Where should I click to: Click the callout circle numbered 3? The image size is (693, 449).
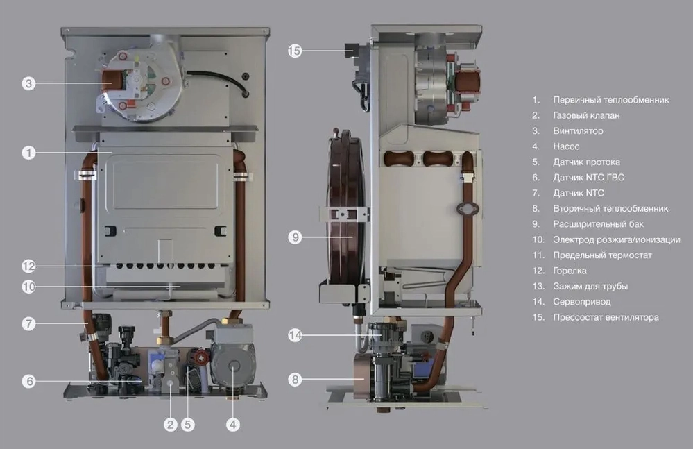[28, 83]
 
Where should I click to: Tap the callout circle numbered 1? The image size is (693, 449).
[28, 153]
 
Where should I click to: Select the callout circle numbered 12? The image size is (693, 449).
[28, 266]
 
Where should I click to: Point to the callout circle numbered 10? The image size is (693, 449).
[28, 287]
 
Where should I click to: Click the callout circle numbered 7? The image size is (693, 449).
[28, 323]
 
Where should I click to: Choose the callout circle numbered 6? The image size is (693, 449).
[28, 381]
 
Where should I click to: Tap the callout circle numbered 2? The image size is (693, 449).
[170, 425]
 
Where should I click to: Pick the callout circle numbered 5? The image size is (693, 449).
[188, 425]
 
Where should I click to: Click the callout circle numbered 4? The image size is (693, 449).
[233, 425]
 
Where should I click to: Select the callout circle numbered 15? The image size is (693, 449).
[295, 51]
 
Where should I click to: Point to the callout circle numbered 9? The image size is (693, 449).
[295, 237]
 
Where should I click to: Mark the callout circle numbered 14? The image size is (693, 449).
[295, 335]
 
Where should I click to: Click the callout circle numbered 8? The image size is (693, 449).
[295, 379]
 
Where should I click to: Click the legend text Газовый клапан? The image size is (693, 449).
[586, 115]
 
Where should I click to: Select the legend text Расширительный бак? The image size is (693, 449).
[598, 224]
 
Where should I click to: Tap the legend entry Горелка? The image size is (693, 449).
[570, 271]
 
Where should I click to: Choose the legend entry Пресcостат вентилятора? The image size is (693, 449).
[606, 317]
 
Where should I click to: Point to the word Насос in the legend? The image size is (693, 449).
[566, 146]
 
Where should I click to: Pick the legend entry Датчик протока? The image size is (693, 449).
[586, 162]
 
